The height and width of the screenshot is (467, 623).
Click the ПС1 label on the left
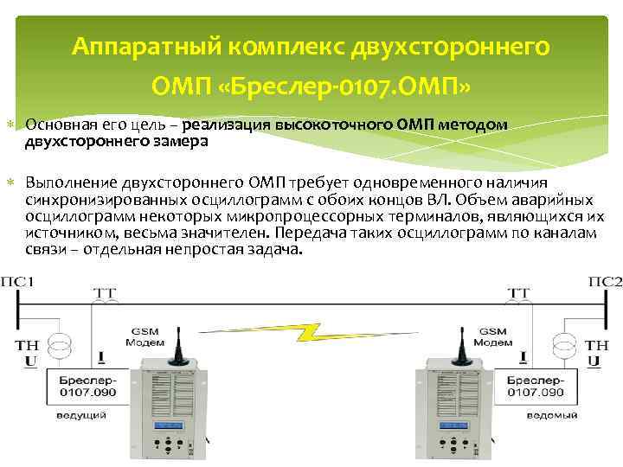19,283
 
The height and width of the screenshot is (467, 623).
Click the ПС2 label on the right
604,283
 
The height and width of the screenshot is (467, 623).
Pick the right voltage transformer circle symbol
564,342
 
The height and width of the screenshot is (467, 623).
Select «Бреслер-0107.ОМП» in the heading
386,86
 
